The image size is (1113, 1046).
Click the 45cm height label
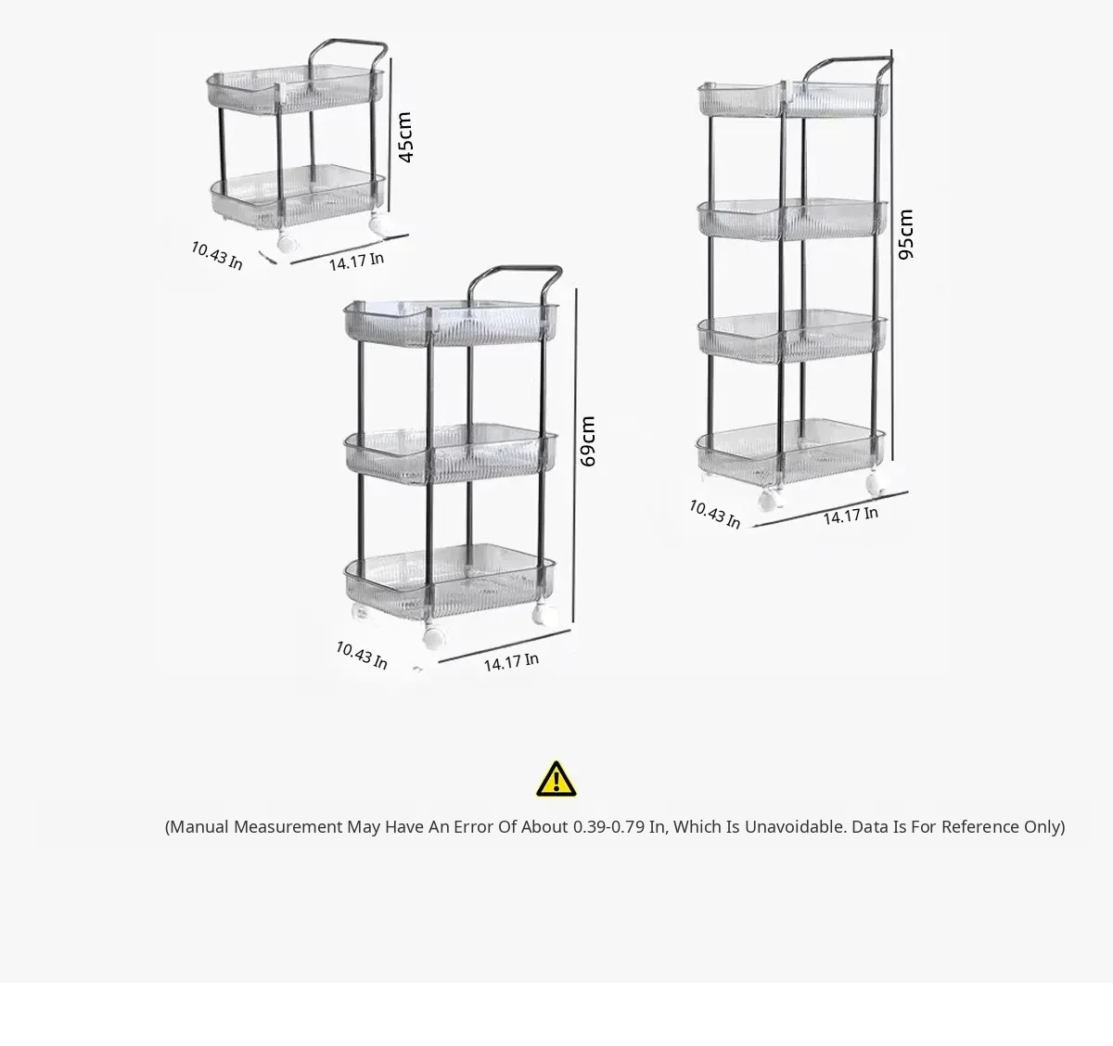tap(405, 137)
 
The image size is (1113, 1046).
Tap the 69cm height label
tap(587, 441)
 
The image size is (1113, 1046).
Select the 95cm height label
tap(905, 235)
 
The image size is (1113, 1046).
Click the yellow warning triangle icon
tap(556, 779)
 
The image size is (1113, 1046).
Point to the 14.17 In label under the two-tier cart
tap(356, 261)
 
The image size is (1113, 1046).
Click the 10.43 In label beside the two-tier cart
tap(217, 256)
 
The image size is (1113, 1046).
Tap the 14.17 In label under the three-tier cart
tap(511, 662)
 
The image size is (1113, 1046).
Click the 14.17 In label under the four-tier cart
tap(851, 516)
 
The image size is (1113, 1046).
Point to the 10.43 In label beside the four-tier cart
tap(714, 514)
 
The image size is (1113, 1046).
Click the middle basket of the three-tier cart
tap(451, 453)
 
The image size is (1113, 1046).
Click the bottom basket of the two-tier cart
tap(298, 195)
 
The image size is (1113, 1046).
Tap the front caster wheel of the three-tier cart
tap(434, 637)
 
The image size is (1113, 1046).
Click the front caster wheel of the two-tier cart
tap(286, 242)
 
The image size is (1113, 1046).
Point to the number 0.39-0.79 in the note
tap(608, 827)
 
